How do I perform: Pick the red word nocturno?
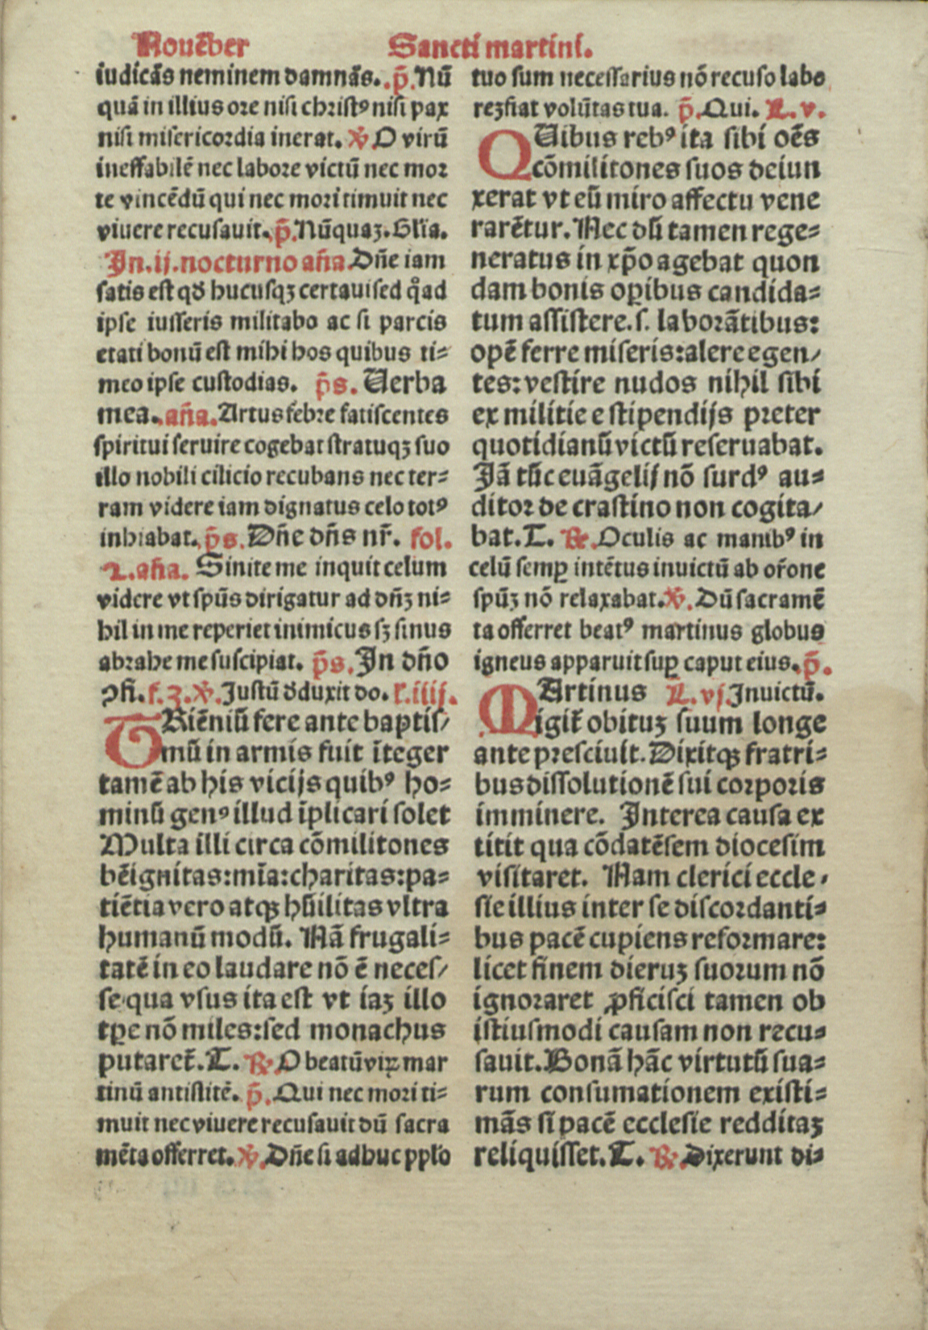(x=242, y=262)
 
